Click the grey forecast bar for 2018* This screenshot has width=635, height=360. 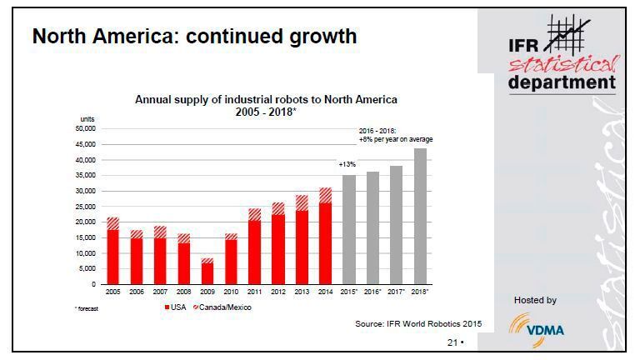point(421,217)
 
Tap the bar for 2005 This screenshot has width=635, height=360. point(112,251)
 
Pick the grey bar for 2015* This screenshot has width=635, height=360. point(348,229)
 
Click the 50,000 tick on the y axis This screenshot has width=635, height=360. point(86,128)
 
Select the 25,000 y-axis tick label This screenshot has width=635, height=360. point(86,207)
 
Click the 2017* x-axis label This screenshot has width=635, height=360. point(397,292)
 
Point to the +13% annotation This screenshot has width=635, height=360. point(347,165)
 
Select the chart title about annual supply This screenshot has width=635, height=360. point(266,106)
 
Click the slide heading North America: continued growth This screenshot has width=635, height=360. point(193,37)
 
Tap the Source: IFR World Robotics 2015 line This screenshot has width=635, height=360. point(418,321)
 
